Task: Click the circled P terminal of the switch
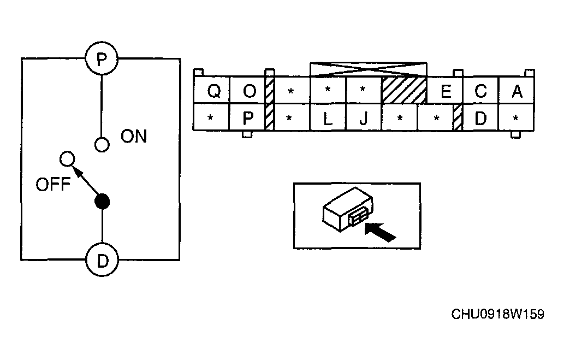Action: [102, 58]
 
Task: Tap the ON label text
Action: [134, 137]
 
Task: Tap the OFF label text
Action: [53, 184]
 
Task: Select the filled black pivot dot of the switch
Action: [102, 202]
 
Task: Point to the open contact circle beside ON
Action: [102, 145]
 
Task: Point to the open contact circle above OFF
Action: [67, 159]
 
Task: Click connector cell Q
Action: [211, 90]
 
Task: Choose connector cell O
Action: [247, 90]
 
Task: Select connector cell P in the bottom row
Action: [247, 117]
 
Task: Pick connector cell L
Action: [328, 117]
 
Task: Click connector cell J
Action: [364, 117]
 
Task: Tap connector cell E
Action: [445, 90]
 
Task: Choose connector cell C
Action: [481, 90]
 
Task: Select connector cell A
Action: [516, 90]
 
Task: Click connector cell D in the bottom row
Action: [481, 117]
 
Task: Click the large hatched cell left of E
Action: [404, 90]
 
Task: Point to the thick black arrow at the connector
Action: [380, 232]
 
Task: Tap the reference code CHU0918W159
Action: [498, 314]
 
